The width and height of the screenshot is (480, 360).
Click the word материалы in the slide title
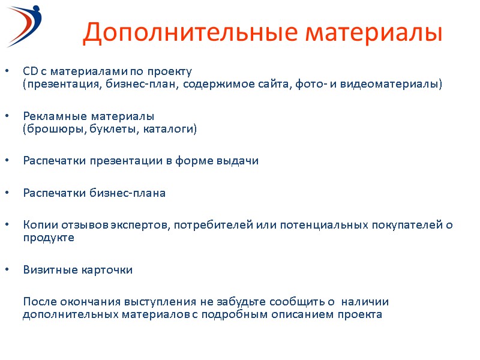378,33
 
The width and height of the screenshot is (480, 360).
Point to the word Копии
38,225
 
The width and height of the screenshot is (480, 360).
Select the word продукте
49,238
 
